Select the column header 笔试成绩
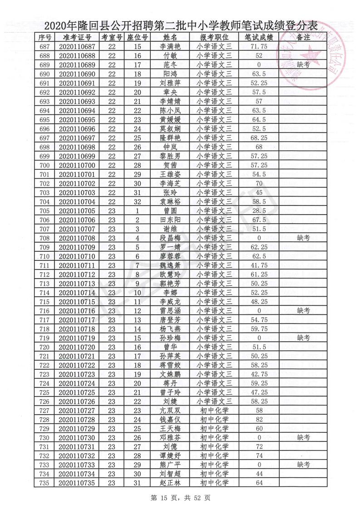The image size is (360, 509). [259, 37]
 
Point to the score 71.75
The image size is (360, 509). [259, 47]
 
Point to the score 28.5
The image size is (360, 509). [259, 210]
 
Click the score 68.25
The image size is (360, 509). [259, 137]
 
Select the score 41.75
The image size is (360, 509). [259, 265]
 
